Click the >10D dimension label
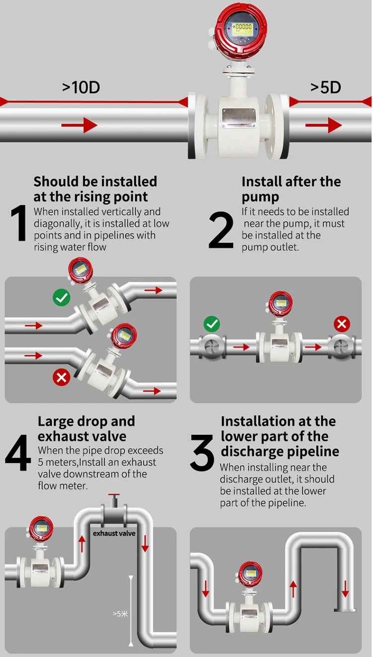tap(81, 87)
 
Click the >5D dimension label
tap(326, 87)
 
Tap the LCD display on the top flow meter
tap(242, 30)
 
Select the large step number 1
tap(19, 223)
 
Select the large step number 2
tap(221, 230)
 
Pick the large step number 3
tap(202, 453)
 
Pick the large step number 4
tap(18, 453)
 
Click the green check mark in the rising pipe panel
tap(61, 298)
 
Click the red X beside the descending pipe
tap(61, 377)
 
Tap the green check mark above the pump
tap(212, 324)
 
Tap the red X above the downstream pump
tap(342, 324)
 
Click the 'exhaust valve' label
tap(114, 534)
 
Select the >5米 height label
tap(120, 614)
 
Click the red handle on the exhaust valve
tap(114, 495)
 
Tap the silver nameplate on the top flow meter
tap(239, 118)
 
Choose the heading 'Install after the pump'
tap(291, 189)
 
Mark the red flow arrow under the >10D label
tap(79, 125)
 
